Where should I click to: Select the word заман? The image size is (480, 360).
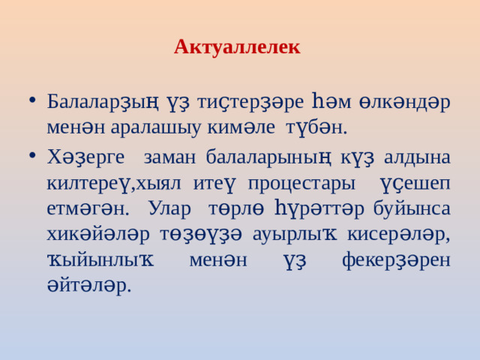click(166, 157)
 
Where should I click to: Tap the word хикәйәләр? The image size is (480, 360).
click(93, 234)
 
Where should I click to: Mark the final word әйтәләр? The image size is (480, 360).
click(88, 285)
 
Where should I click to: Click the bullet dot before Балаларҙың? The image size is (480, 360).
click(29, 100)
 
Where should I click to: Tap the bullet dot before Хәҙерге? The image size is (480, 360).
click(29, 157)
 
